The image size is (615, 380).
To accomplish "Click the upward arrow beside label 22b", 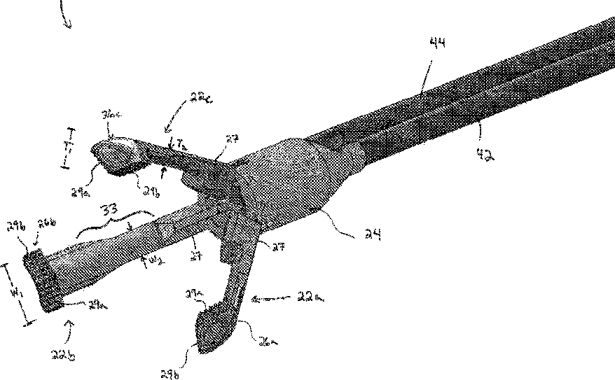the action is click(68, 323).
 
